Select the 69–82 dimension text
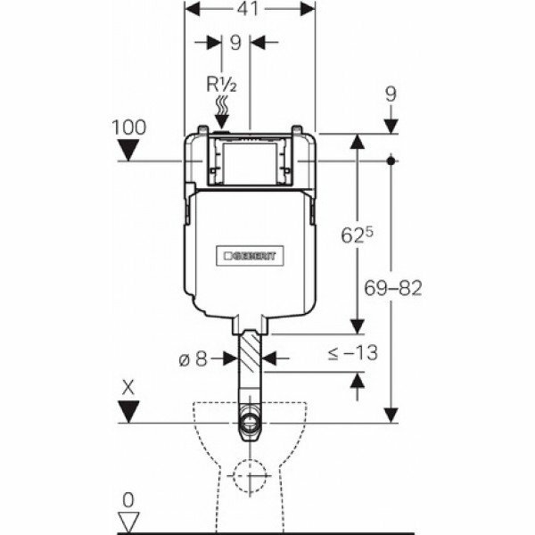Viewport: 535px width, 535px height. point(393,288)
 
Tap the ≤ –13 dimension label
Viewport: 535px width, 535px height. point(352,352)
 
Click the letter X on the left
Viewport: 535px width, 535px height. point(129,389)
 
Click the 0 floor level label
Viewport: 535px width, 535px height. point(129,499)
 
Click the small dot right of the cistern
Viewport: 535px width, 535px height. point(392,161)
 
